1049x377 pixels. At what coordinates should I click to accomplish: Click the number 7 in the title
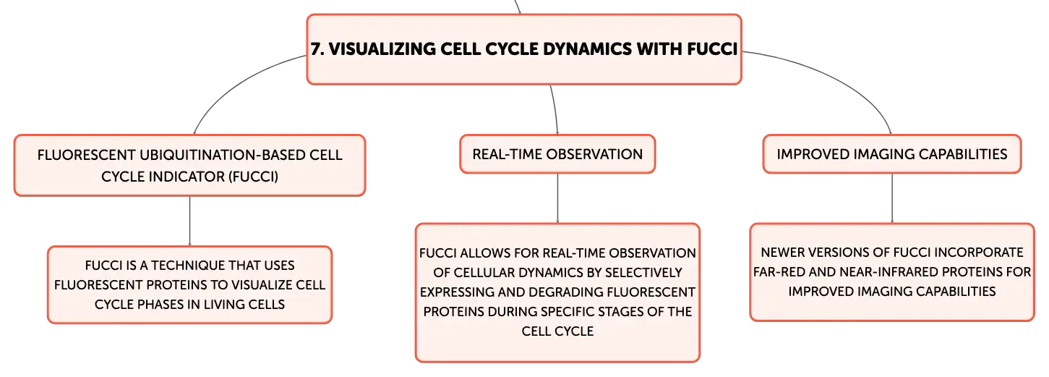317,49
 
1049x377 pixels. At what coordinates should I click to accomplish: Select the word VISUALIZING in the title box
382,49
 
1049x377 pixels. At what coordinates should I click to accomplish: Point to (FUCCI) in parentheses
253,177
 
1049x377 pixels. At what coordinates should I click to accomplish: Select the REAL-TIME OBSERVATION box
557,154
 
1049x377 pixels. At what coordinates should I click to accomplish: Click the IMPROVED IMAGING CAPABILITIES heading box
891,154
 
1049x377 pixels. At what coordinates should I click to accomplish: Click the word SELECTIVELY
643,272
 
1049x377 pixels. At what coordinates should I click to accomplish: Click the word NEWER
781,253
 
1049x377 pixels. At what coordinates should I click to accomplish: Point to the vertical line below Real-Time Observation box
557,198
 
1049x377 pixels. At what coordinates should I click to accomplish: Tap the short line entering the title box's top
518,7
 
